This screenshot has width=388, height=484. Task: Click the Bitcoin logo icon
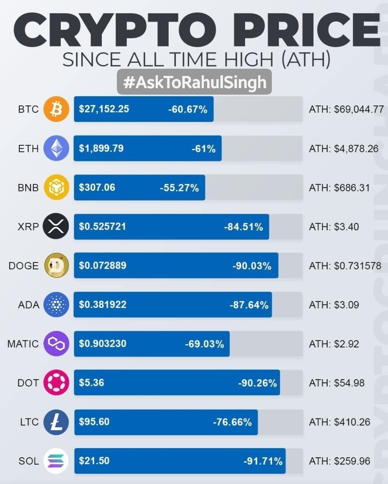tap(56, 109)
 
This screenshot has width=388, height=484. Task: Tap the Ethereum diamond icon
tap(56, 148)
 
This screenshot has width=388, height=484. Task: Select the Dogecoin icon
tap(56, 266)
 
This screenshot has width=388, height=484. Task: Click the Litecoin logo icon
tap(56, 422)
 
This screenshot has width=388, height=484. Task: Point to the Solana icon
tap(56, 461)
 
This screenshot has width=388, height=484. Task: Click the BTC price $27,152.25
tap(104, 109)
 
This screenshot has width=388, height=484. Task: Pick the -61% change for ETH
tap(204, 149)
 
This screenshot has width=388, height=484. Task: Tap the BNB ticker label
tap(28, 187)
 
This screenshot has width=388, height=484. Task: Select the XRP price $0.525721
tap(102, 226)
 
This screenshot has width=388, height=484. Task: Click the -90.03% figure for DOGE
tap(252, 266)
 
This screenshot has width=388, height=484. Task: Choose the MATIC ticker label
tap(23, 344)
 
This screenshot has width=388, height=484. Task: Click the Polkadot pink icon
tap(56, 383)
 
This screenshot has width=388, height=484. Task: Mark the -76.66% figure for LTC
tap(232, 422)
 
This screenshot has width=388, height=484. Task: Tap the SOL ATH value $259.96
tap(352, 461)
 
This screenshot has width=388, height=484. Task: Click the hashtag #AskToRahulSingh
tap(194, 82)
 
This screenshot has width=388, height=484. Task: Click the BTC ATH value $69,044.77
tap(359, 109)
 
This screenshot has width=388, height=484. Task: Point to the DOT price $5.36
tap(91, 383)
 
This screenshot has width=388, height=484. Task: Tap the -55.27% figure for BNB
tap(179, 188)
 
